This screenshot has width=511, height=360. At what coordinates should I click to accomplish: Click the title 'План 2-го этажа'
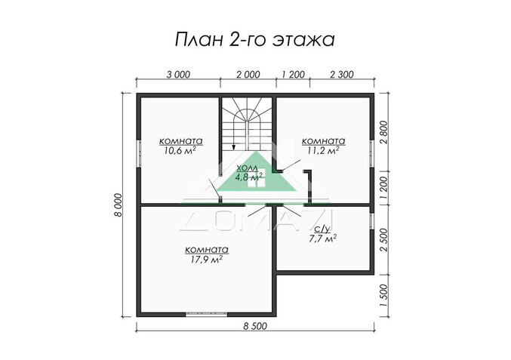click(254, 38)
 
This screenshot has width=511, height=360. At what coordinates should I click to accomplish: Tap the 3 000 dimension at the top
click(178, 74)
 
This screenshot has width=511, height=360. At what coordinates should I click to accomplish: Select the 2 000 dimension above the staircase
click(248, 74)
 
